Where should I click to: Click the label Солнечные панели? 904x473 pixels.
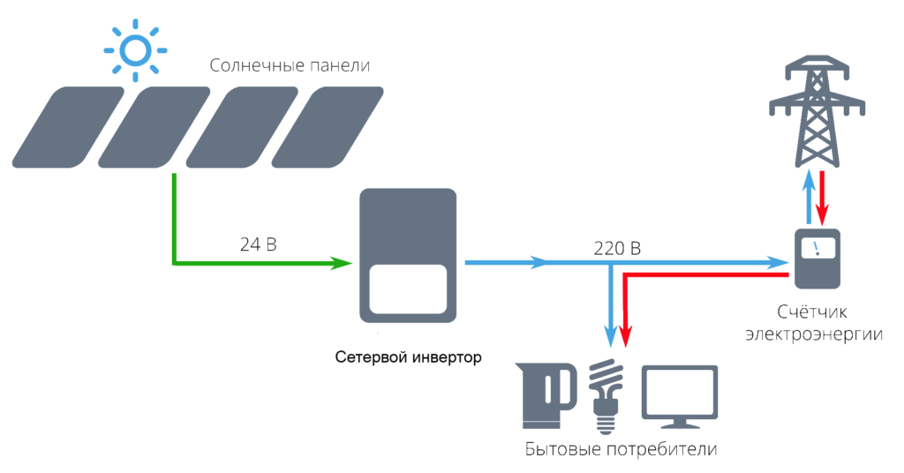click(289, 67)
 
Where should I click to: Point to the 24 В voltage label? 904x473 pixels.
click(258, 244)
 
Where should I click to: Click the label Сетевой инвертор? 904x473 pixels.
click(409, 358)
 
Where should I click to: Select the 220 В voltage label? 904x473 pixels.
click(616, 250)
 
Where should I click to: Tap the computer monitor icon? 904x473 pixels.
click(678, 394)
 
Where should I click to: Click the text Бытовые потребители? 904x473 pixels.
click(620, 449)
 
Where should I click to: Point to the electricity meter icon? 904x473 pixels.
click(817, 258)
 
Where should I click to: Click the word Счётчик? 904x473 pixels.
click(813, 312)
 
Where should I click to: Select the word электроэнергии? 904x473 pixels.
click(813, 334)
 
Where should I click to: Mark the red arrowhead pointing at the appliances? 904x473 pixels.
click(625, 336)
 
